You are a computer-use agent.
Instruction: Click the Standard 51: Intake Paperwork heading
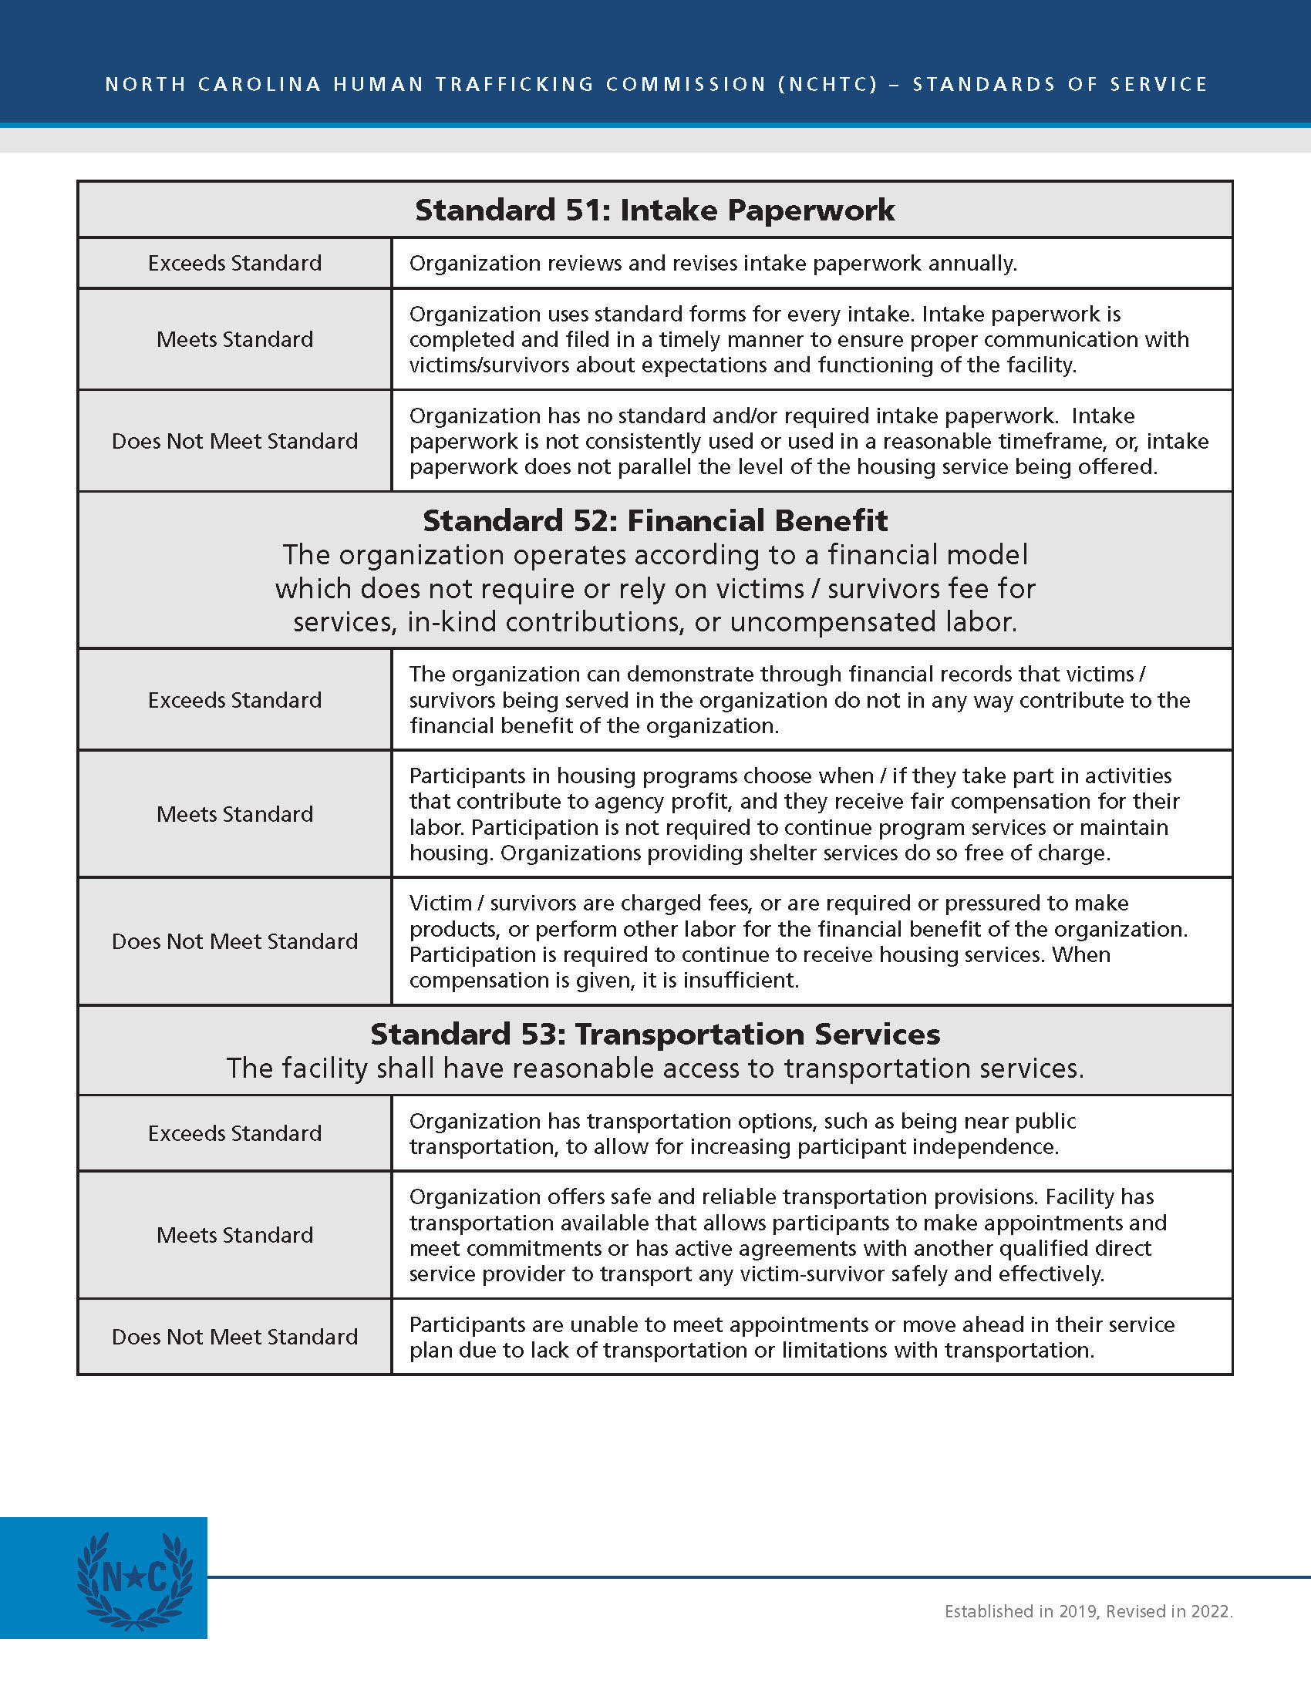(655, 210)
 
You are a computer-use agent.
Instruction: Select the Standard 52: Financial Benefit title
(655, 520)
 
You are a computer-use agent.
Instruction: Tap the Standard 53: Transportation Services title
(655, 1035)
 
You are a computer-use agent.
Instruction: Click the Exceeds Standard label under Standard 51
(234, 263)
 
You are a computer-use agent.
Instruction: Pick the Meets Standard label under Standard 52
(234, 814)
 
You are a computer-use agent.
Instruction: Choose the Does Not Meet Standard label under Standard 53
(234, 1337)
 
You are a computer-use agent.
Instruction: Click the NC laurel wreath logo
(134, 1580)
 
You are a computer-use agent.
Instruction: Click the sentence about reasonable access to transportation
(655, 1068)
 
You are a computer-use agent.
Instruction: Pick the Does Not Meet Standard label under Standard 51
(234, 441)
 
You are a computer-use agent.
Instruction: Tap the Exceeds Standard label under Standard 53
(234, 1133)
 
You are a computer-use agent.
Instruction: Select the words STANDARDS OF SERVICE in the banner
(1060, 84)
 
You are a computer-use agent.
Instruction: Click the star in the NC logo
(134, 1577)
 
